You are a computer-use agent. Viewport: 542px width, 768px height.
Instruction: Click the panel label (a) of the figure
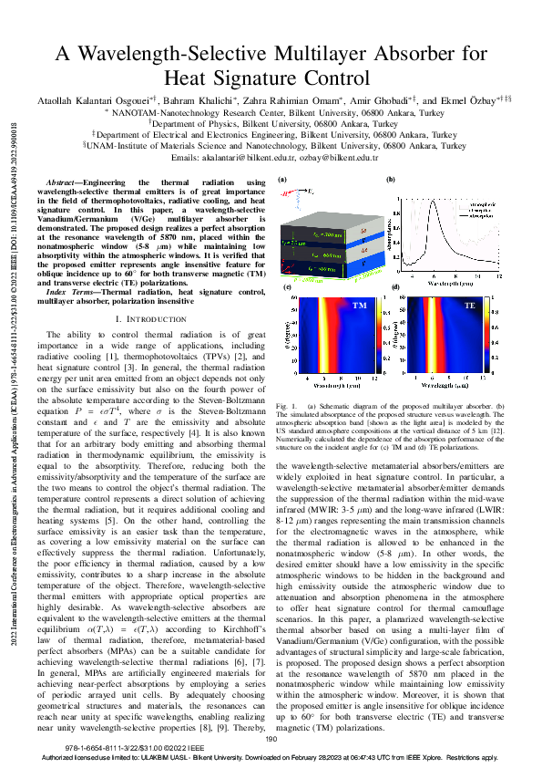tap(282, 182)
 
